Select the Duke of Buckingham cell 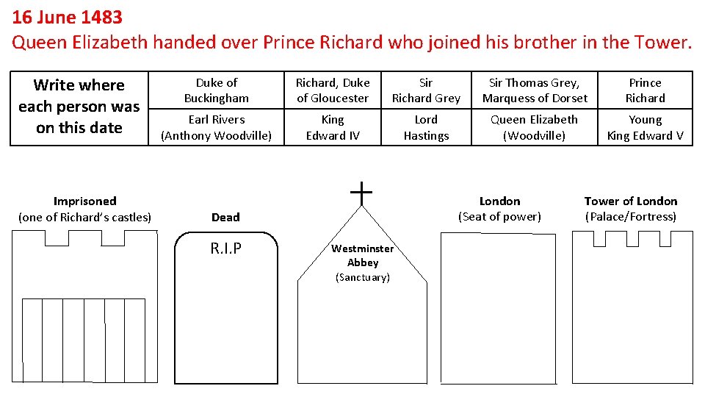click(x=217, y=90)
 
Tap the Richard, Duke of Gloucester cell click(x=333, y=90)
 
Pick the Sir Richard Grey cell click(x=426, y=90)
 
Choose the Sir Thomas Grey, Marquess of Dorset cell click(x=535, y=90)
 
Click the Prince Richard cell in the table click(x=645, y=90)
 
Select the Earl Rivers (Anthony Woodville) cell click(x=217, y=127)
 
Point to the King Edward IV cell click(x=333, y=127)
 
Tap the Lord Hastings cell click(x=426, y=127)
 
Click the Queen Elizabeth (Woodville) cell click(x=535, y=127)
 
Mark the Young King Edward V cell click(x=645, y=127)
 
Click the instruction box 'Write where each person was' click(x=79, y=107)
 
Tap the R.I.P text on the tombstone click(x=225, y=248)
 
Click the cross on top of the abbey click(x=361, y=193)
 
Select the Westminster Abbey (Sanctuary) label click(x=363, y=262)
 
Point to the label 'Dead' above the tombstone click(x=225, y=217)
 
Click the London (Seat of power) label click(x=499, y=209)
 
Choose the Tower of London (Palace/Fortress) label click(x=631, y=209)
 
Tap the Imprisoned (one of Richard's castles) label click(x=85, y=209)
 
